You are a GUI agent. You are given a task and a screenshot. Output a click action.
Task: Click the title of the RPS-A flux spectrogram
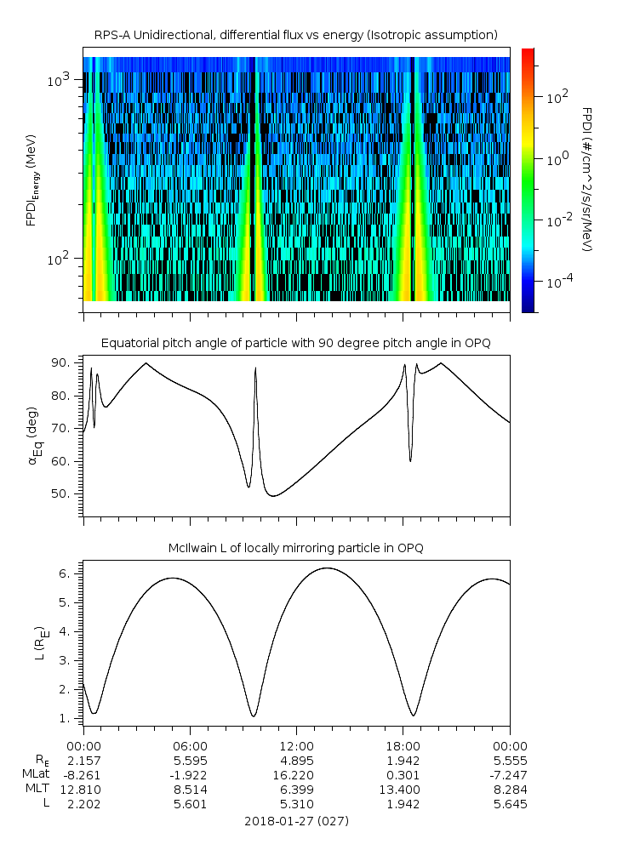click(x=296, y=35)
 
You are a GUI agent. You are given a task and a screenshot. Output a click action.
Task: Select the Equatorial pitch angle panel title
click(x=296, y=343)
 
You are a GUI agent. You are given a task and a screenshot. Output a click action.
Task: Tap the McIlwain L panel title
click(x=296, y=548)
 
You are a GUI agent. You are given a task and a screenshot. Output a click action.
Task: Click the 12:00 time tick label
click(x=296, y=745)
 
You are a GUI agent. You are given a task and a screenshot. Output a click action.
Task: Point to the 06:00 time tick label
click(x=190, y=745)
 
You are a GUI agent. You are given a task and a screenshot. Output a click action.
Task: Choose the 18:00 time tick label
click(x=403, y=745)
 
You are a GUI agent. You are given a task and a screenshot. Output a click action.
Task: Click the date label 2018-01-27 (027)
click(x=296, y=821)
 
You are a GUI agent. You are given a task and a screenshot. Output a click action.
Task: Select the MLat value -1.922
click(x=190, y=774)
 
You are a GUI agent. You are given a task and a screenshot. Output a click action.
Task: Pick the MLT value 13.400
click(x=403, y=790)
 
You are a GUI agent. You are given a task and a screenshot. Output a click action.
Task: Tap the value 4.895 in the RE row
click(x=296, y=760)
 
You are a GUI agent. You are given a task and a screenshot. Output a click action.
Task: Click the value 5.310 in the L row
click(x=296, y=804)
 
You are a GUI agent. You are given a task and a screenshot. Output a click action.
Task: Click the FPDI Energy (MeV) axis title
click(x=31, y=179)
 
